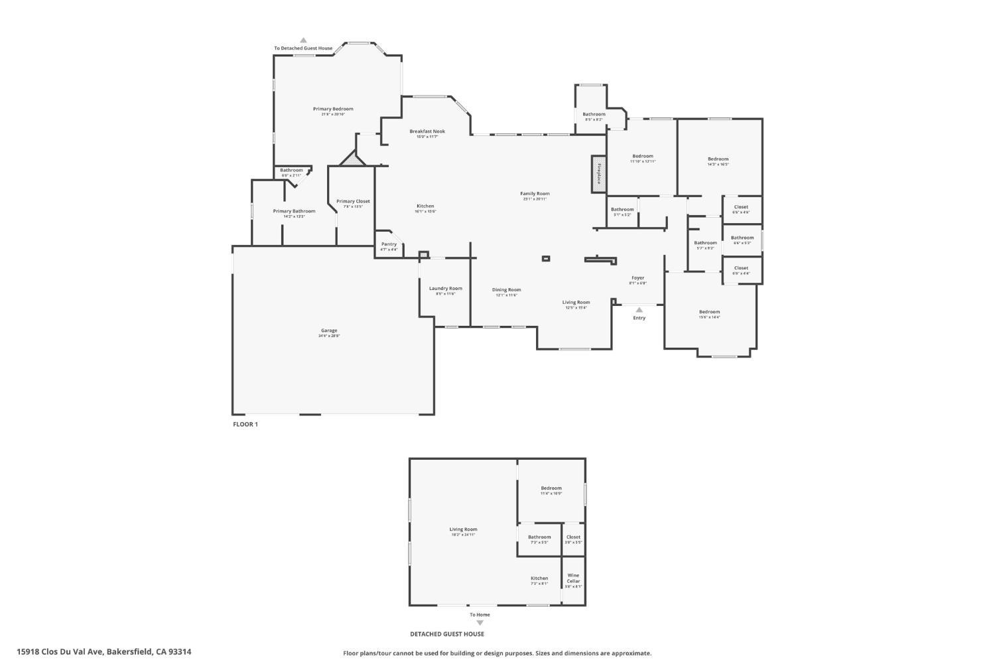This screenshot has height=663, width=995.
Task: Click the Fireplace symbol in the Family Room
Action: click(x=599, y=174)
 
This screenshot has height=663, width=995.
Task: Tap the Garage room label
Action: click(x=329, y=331)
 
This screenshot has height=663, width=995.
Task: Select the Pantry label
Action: click(x=389, y=244)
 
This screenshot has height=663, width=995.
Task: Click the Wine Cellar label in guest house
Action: click(x=573, y=578)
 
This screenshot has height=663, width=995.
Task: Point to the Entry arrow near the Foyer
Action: click(x=639, y=309)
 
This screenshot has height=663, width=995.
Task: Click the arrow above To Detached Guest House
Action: click(x=303, y=40)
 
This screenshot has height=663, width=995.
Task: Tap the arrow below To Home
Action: click(x=480, y=623)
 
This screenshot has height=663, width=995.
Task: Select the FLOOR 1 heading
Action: click(x=245, y=424)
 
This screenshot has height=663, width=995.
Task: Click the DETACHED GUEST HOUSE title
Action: click(x=446, y=634)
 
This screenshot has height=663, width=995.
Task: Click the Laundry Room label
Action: click(x=445, y=289)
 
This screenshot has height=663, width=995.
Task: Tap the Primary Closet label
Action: click(x=353, y=201)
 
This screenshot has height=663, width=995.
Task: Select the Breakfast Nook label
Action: click(x=427, y=131)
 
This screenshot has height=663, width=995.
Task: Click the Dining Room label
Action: click(x=506, y=290)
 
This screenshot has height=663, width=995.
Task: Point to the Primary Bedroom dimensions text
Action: click(x=333, y=114)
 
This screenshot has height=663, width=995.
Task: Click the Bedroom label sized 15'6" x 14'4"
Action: click(x=709, y=312)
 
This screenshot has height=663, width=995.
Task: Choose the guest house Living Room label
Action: click(x=464, y=530)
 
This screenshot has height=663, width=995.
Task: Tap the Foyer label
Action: click(x=637, y=278)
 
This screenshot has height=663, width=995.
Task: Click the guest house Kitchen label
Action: click(x=539, y=578)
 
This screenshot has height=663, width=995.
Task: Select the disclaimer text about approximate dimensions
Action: click(x=497, y=653)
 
